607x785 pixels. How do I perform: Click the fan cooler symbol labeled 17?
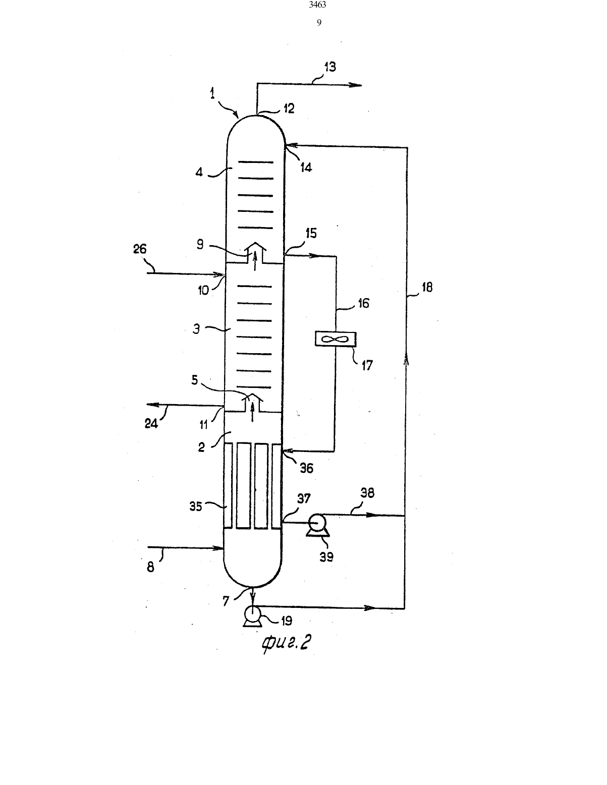pos(336,339)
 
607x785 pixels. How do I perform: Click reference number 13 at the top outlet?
pos(330,67)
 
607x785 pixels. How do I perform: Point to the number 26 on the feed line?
pos(140,249)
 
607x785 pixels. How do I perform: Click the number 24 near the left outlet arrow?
pos(151,423)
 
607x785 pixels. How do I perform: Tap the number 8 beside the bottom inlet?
pos(151,567)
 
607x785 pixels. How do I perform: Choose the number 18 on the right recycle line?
pos(427,287)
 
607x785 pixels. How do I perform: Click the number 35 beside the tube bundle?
pos(196,506)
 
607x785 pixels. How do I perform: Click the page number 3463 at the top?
pos(317,5)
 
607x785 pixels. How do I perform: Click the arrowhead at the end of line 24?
pos(151,405)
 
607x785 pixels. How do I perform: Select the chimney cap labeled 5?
pos(253,398)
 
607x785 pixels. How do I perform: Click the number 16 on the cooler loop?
pos(363,303)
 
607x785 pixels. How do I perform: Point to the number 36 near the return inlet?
pos(306,468)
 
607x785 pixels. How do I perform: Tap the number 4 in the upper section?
pos(199,172)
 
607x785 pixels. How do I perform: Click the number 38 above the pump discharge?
pos(367,493)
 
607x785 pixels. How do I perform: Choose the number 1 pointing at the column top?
pos(212,93)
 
